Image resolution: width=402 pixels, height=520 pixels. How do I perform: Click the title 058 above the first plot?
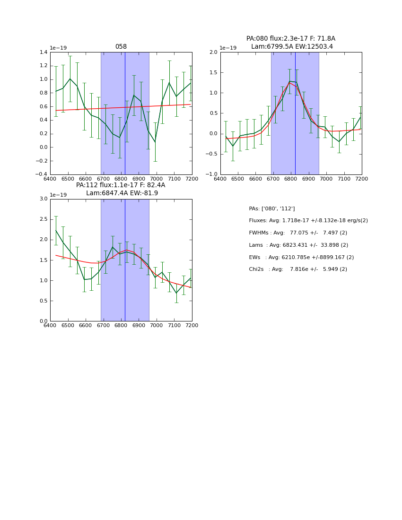tap(121, 47)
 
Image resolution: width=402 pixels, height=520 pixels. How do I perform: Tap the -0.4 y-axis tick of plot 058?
tap(42, 174)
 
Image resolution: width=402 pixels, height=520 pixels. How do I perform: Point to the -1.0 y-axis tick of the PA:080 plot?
tap(212, 174)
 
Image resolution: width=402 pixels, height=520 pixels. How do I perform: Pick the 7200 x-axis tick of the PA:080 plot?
tap(362, 179)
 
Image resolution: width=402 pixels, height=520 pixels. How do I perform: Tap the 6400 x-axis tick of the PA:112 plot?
tap(50, 326)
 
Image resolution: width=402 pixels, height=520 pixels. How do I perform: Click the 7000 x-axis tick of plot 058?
tap(157, 179)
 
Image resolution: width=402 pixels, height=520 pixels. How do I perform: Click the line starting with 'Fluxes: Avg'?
tap(308, 221)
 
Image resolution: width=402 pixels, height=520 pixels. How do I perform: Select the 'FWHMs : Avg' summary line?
tap(298, 233)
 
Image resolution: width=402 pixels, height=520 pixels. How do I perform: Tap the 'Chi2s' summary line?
tap(298, 269)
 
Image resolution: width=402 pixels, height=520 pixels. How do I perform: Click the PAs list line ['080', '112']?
tap(272, 209)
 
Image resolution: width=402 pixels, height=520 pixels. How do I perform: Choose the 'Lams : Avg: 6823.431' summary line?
tap(298, 245)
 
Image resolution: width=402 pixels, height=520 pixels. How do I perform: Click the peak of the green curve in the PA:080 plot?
tap(289, 81)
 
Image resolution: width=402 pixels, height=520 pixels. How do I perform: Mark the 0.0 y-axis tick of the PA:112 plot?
tap(43, 321)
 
